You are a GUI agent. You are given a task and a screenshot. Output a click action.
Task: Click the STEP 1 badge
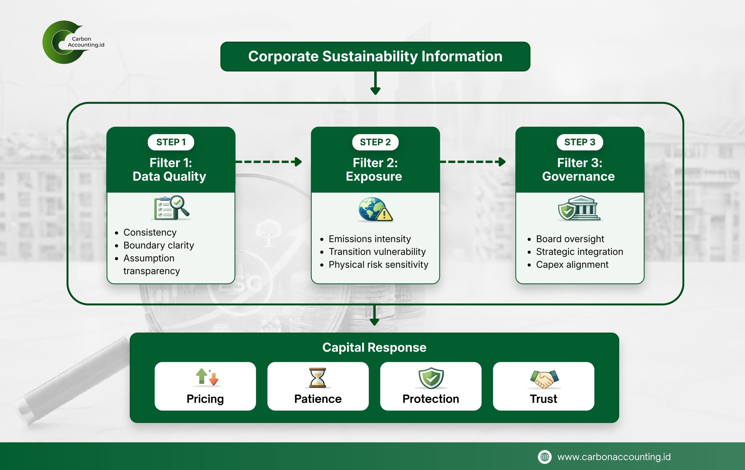[x=171, y=142]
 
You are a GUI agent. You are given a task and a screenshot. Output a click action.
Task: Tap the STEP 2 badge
[x=375, y=142]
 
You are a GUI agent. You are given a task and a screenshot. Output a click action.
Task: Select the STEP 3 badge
[x=580, y=142]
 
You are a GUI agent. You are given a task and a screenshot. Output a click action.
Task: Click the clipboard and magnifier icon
[x=171, y=208]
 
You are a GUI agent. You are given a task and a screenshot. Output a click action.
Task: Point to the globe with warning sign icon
[x=375, y=210]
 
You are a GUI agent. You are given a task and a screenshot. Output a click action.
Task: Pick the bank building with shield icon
[x=579, y=208]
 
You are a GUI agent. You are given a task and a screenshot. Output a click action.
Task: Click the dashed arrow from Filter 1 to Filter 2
[x=269, y=162]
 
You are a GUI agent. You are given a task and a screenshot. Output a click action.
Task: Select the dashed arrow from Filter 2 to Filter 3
[x=473, y=162]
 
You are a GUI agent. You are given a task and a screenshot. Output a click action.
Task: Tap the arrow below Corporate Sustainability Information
[x=375, y=83]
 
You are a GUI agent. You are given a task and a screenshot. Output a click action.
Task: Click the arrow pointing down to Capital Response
[x=375, y=315]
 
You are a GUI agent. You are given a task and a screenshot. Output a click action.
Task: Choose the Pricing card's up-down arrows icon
[x=207, y=377]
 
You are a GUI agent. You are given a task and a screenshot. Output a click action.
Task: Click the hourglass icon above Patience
[x=318, y=378]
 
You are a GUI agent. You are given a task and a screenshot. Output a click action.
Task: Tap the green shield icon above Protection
[x=431, y=378]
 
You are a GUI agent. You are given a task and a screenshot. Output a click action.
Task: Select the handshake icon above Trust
[x=544, y=379]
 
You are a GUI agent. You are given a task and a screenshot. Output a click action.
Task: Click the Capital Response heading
[x=374, y=348]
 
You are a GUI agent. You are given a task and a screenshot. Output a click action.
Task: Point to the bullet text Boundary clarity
[x=159, y=245]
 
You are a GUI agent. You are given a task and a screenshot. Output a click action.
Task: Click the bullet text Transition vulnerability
[x=377, y=252]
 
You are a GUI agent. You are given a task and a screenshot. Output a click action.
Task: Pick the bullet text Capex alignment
[x=572, y=265]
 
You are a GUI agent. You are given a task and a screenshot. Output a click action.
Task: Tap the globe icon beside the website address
[x=544, y=457]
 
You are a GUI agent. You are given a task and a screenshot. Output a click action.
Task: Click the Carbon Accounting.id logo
[x=73, y=42]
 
